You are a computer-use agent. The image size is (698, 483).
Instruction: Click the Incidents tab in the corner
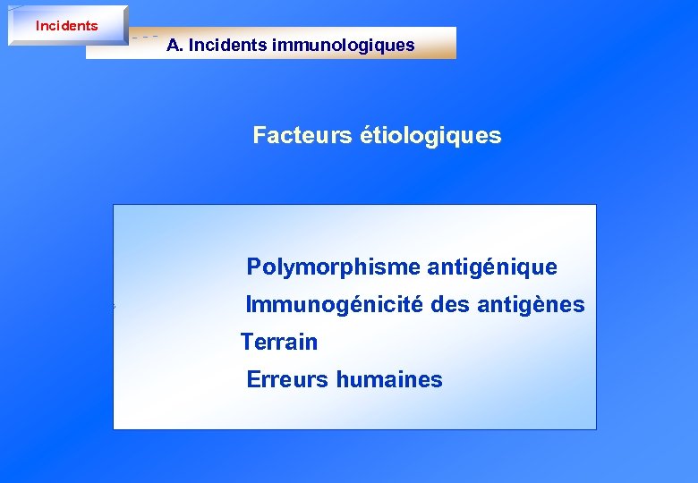[x=67, y=25]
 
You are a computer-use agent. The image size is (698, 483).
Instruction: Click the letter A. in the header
[x=174, y=45]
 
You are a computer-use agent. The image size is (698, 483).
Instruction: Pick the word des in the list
[x=448, y=305]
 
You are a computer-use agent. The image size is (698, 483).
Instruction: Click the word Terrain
[x=279, y=342]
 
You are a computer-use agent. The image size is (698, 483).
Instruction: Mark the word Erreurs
[x=288, y=379]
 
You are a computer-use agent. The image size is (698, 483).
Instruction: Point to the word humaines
[x=389, y=379]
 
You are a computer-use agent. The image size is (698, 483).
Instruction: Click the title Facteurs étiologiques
[x=377, y=136]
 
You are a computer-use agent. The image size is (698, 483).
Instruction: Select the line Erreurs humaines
[x=345, y=379]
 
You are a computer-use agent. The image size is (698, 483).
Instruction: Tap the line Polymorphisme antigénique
[x=402, y=267]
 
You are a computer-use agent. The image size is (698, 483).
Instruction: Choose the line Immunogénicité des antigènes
[x=415, y=305]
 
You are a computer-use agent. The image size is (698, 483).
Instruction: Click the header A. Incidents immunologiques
[x=291, y=45]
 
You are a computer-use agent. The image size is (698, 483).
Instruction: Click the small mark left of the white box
[x=114, y=307]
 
